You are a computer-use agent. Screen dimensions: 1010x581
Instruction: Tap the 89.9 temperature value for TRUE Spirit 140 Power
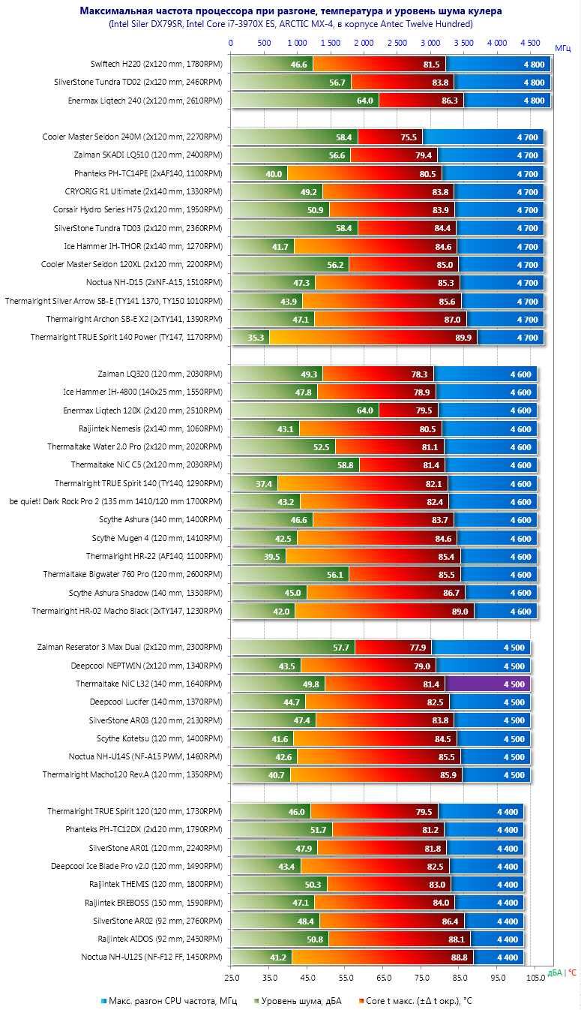(463, 338)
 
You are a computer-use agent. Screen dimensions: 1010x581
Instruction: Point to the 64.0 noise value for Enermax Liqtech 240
(364, 101)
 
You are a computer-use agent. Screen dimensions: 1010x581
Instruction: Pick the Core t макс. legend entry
(420, 1001)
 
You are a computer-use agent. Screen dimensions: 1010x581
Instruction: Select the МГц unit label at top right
(564, 47)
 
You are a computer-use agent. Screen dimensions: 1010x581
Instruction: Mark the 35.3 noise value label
(256, 338)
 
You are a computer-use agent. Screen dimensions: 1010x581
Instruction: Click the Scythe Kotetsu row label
(165, 738)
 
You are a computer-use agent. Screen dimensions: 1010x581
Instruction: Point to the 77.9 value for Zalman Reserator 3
(418, 648)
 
